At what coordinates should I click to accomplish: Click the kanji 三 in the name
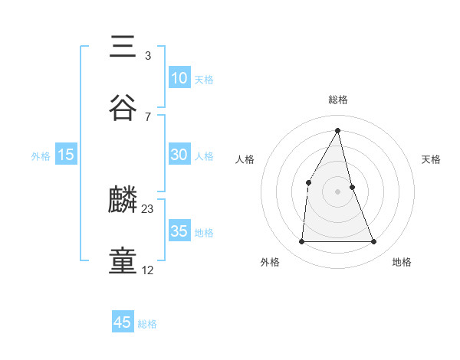(123, 47)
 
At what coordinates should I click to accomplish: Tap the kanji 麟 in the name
(123, 201)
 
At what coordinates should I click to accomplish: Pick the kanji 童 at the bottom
(123, 261)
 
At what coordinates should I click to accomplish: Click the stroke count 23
(148, 208)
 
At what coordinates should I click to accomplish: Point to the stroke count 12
(148, 270)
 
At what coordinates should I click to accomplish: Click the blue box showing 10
(179, 78)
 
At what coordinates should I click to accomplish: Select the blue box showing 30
(179, 155)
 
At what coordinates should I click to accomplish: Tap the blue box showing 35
(179, 231)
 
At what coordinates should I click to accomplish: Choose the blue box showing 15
(66, 155)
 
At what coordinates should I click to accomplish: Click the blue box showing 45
(123, 322)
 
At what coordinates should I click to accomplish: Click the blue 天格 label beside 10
(204, 80)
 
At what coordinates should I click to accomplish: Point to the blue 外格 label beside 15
(41, 156)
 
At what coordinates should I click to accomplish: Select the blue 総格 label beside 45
(147, 324)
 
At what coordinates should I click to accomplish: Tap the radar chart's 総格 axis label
(338, 100)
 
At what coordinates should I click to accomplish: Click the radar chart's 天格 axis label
(431, 159)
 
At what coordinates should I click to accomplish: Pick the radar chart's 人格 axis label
(245, 159)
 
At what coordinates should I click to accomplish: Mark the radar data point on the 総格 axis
(338, 130)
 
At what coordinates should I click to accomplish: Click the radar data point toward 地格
(374, 242)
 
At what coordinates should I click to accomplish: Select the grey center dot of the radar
(338, 191)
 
